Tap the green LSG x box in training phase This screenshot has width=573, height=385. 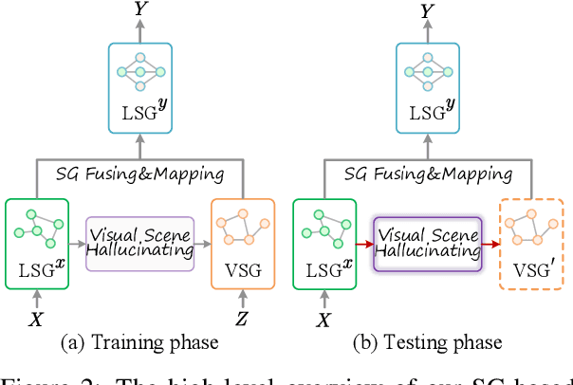click(x=37, y=242)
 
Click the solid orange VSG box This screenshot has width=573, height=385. click(x=243, y=242)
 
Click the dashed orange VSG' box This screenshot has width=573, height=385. click(x=531, y=242)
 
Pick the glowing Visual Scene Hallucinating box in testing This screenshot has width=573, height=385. click(x=427, y=243)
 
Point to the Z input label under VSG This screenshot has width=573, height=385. click(x=243, y=319)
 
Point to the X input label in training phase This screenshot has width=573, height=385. click(x=36, y=319)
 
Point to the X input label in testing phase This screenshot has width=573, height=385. click(x=324, y=319)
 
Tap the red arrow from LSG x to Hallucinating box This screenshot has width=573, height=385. click(x=364, y=243)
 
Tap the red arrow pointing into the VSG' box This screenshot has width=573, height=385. click(x=491, y=243)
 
